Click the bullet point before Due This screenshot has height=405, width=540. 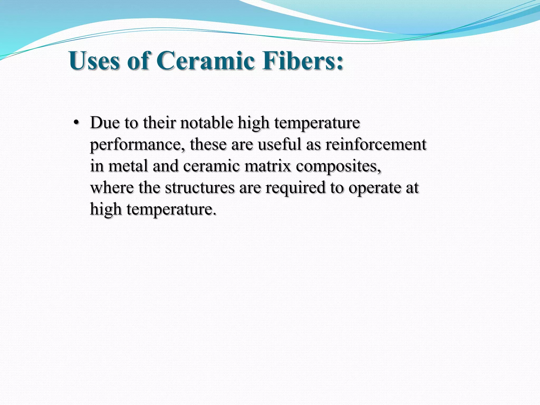pos(76,123)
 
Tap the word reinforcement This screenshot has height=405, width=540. pos(376,144)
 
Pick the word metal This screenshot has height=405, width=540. pos(128,166)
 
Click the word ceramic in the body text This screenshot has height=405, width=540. pos(211,166)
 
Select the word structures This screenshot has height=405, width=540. pos(200,188)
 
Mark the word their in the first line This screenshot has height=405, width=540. pos(159,123)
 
